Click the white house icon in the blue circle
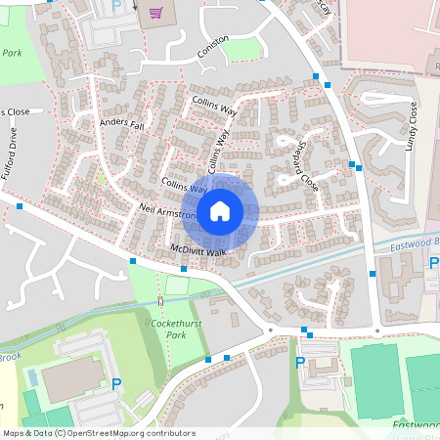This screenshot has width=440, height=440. click(220, 210)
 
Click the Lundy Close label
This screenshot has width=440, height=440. click(412, 126)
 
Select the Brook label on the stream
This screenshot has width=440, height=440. click(9, 357)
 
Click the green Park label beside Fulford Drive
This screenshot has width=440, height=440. click(12, 52)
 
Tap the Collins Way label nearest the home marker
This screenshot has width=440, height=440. click(186, 184)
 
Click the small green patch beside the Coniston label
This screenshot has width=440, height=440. click(242, 49)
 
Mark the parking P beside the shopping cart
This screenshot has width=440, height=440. click(116, 6)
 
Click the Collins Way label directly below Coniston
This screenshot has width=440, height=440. click(214, 106)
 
